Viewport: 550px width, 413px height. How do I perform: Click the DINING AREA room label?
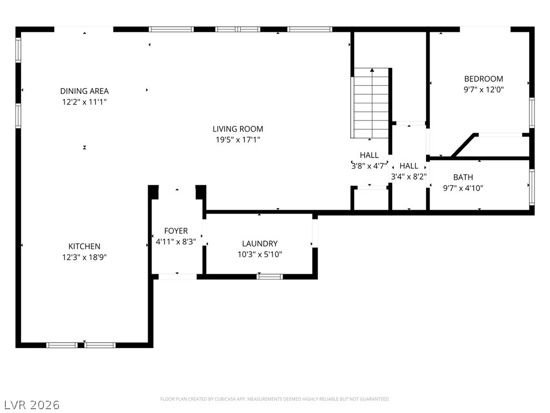[84, 91]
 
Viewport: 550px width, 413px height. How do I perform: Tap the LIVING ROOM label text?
[238, 129]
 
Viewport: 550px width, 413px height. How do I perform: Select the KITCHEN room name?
[84, 246]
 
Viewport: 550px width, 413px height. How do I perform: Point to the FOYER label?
[176, 231]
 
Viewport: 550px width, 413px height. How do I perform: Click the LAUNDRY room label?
[259, 244]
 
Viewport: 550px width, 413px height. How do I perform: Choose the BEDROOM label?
[483, 79]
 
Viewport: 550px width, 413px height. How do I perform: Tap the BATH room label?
[463, 177]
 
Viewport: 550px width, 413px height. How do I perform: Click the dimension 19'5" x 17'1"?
[238, 140]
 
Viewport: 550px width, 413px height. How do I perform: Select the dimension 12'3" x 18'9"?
[84, 257]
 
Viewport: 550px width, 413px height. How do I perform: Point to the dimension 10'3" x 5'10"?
[259, 254]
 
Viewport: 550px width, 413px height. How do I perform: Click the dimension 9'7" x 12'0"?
[483, 90]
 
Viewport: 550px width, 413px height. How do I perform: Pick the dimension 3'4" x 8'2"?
[409, 176]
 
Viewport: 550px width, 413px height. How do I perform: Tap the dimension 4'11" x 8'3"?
[176, 241]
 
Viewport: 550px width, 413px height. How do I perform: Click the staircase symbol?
[371, 103]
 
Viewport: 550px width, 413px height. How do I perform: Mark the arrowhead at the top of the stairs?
[372, 70]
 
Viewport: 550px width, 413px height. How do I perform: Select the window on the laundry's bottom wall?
[270, 276]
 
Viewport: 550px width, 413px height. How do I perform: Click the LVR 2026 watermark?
[30, 404]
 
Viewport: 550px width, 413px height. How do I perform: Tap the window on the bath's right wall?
[532, 187]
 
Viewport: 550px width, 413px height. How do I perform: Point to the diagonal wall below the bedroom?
[463, 145]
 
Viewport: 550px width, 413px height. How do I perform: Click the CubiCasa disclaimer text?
[274, 399]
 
